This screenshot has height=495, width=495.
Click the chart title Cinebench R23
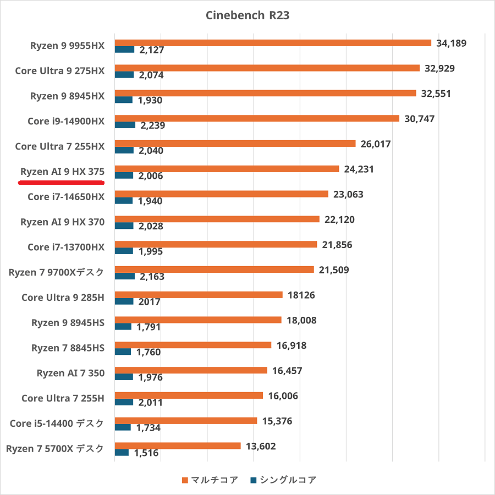pyautogui.click(x=248, y=15)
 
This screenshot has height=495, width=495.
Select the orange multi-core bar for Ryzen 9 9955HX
pyautogui.click(x=273, y=43)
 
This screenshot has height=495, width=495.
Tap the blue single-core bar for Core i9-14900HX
pyautogui.click(x=125, y=125)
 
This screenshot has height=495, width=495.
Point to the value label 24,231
pyautogui.click(x=359, y=169)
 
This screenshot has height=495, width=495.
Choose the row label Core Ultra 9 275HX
pyautogui.click(x=59, y=70)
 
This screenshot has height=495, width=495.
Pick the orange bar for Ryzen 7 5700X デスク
pyautogui.click(x=178, y=446)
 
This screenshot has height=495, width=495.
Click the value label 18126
pyautogui.click(x=301, y=295)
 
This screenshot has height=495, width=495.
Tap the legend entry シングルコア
pyautogui.click(x=283, y=480)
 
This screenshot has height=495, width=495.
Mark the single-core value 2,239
pyautogui.click(x=153, y=125)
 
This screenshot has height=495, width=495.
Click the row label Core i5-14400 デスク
pyautogui.click(x=57, y=424)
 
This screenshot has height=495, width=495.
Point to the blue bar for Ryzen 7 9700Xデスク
pyautogui.click(x=124, y=276)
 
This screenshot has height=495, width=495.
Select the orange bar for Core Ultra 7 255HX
pyautogui.click(x=235, y=144)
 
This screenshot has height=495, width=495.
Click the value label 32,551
pyautogui.click(x=436, y=94)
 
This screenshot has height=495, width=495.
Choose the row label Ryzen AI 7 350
pyautogui.click(x=70, y=373)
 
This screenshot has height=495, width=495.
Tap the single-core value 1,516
pyautogui.click(x=146, y=453)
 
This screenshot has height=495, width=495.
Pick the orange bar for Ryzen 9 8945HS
pyautogui.click(x=198, y=320)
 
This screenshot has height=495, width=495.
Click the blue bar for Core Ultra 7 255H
pyautogui.click(x=124, y=402)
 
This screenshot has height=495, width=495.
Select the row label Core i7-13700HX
pyautogui.click(x=66, y=247)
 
